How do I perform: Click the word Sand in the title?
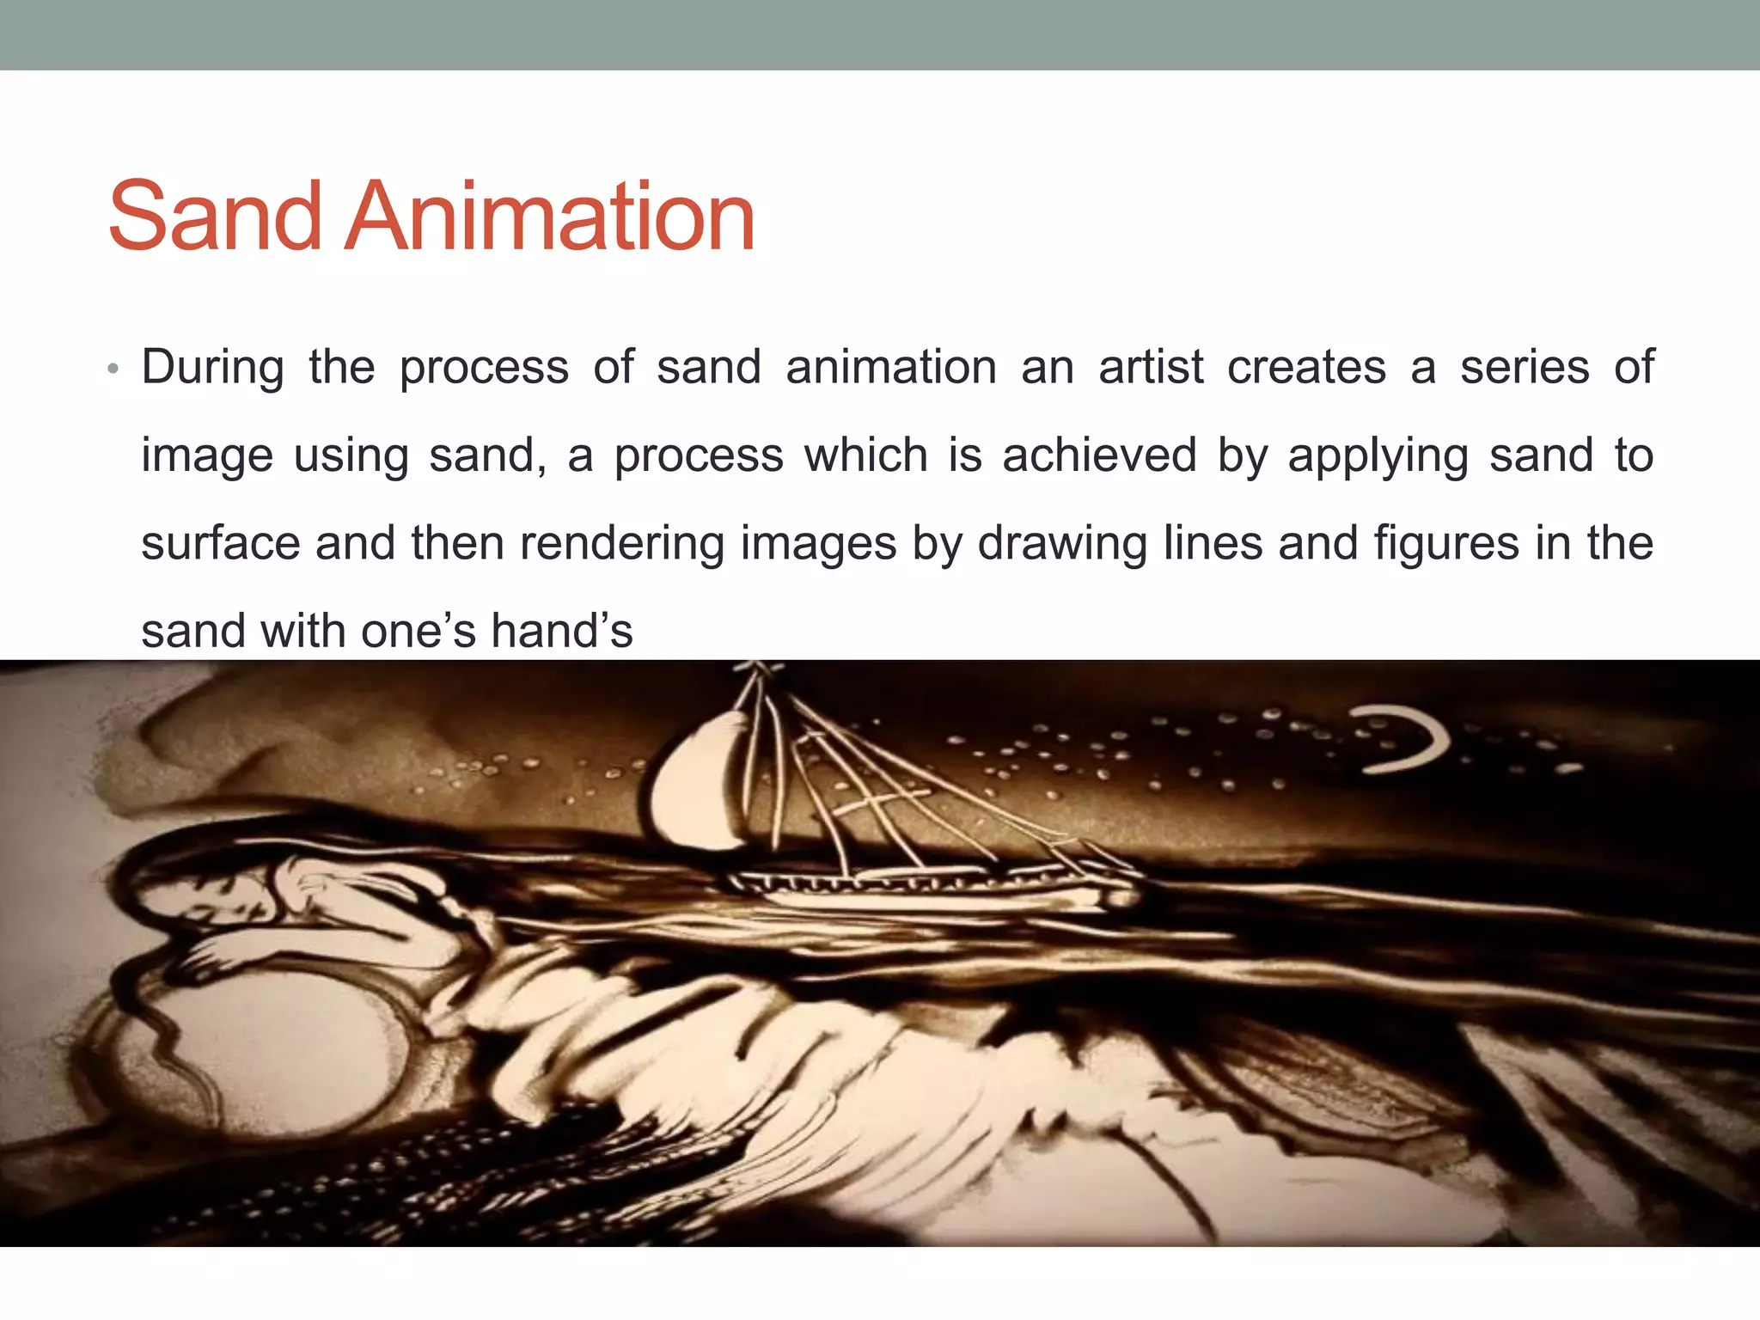215,217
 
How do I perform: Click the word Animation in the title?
550,217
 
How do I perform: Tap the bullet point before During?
113,370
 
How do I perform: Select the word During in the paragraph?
212,368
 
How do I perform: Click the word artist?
1151,368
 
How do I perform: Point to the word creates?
1306,368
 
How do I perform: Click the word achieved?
1099,455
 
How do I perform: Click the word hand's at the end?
561,631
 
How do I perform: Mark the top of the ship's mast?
756,669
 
